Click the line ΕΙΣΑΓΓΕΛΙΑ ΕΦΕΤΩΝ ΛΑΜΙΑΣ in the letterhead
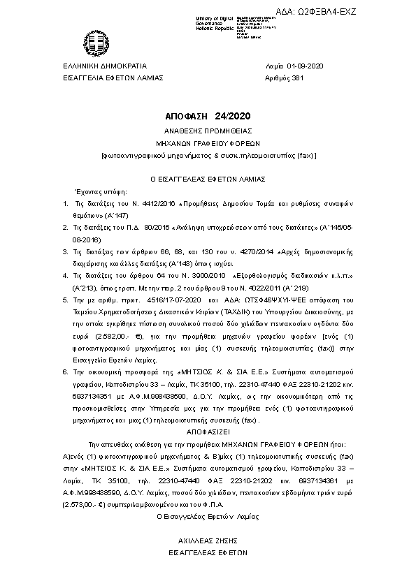pyautogui.click(x=113, y=78)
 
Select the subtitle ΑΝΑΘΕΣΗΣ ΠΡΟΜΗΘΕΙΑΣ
pyautogui.click(x=208, y=131)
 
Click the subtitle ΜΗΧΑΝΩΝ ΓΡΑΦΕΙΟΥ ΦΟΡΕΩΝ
pyautogui.click(x=208, y=142)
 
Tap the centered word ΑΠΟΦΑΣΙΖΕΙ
pyautogui.click(x=208, y=432)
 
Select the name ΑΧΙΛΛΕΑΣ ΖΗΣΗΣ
pyautogui.click(x=207, y=540)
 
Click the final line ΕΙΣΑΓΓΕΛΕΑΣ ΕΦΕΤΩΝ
pyautogui.click(x=207, y=551)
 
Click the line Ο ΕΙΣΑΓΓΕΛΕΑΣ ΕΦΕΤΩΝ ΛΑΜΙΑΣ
pyautogui.click(x=208, y=178)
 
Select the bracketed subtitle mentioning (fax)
pyautogui.click(x=208, y=154)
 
